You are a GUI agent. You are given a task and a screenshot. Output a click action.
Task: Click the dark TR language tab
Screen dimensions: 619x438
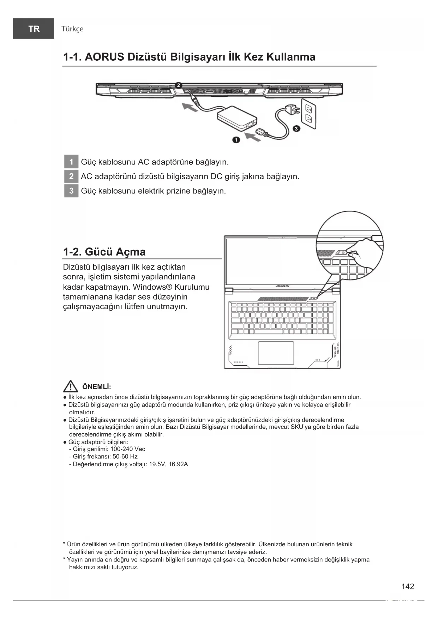(34, 29)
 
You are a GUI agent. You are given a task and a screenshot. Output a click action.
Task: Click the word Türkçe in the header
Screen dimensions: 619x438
(72, 29)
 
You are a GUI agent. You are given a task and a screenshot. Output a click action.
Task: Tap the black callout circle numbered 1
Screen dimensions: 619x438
(236, 140)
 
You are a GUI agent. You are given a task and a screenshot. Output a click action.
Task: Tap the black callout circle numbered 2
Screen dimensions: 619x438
(179, 85)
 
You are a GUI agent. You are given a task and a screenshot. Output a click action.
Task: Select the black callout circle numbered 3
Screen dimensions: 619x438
(296, 128)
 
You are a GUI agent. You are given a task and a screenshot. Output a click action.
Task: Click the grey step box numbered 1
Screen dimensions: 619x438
(71, 162)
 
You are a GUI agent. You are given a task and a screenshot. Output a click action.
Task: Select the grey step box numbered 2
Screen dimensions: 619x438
(71, 176)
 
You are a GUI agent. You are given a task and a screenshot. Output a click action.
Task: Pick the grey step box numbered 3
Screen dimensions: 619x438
(71, 191)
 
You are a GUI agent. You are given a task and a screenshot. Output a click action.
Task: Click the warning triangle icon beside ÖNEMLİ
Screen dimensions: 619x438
(71, 386)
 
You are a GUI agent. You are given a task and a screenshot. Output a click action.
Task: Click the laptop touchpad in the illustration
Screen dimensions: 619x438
(276, 353)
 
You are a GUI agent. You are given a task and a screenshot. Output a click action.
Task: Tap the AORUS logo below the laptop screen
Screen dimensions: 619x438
(282, 286)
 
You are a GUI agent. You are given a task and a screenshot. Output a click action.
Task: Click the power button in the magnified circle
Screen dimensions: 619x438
(343, 253)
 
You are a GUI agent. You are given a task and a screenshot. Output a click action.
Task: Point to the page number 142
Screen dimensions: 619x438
(408, 587)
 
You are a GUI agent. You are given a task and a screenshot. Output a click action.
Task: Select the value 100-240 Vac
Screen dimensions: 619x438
(128, 449)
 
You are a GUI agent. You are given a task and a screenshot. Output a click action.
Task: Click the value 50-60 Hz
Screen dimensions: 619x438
(125, 456)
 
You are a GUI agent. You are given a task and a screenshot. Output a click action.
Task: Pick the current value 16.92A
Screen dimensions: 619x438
(178, 464)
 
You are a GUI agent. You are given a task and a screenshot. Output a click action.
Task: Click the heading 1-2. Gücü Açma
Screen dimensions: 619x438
(104, 252)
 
